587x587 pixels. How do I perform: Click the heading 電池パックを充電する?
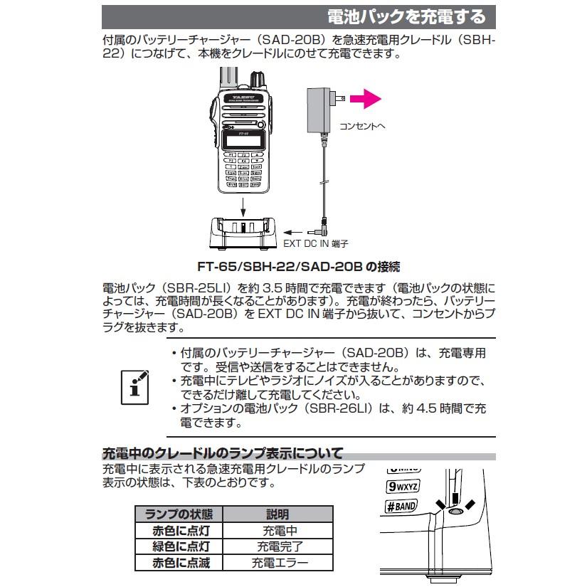point(406,16)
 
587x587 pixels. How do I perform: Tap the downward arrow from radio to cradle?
point(243,207)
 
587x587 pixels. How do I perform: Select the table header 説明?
point(278,514)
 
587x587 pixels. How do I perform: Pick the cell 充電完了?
point(278,547)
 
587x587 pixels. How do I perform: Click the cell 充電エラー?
point(278,564)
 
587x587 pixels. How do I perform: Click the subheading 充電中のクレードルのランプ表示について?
point(223,453)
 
